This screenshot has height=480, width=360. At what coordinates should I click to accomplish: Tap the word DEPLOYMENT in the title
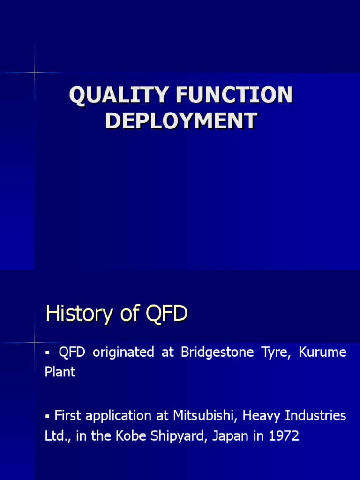(x=181, y=120)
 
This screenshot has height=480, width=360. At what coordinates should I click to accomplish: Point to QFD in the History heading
(x=167, y=314)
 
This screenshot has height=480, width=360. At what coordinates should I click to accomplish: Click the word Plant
(x=60, y=372)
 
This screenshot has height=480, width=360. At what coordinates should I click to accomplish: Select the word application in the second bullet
(x=118, y=416)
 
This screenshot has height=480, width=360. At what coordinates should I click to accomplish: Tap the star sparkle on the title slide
(x=35, y=73)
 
